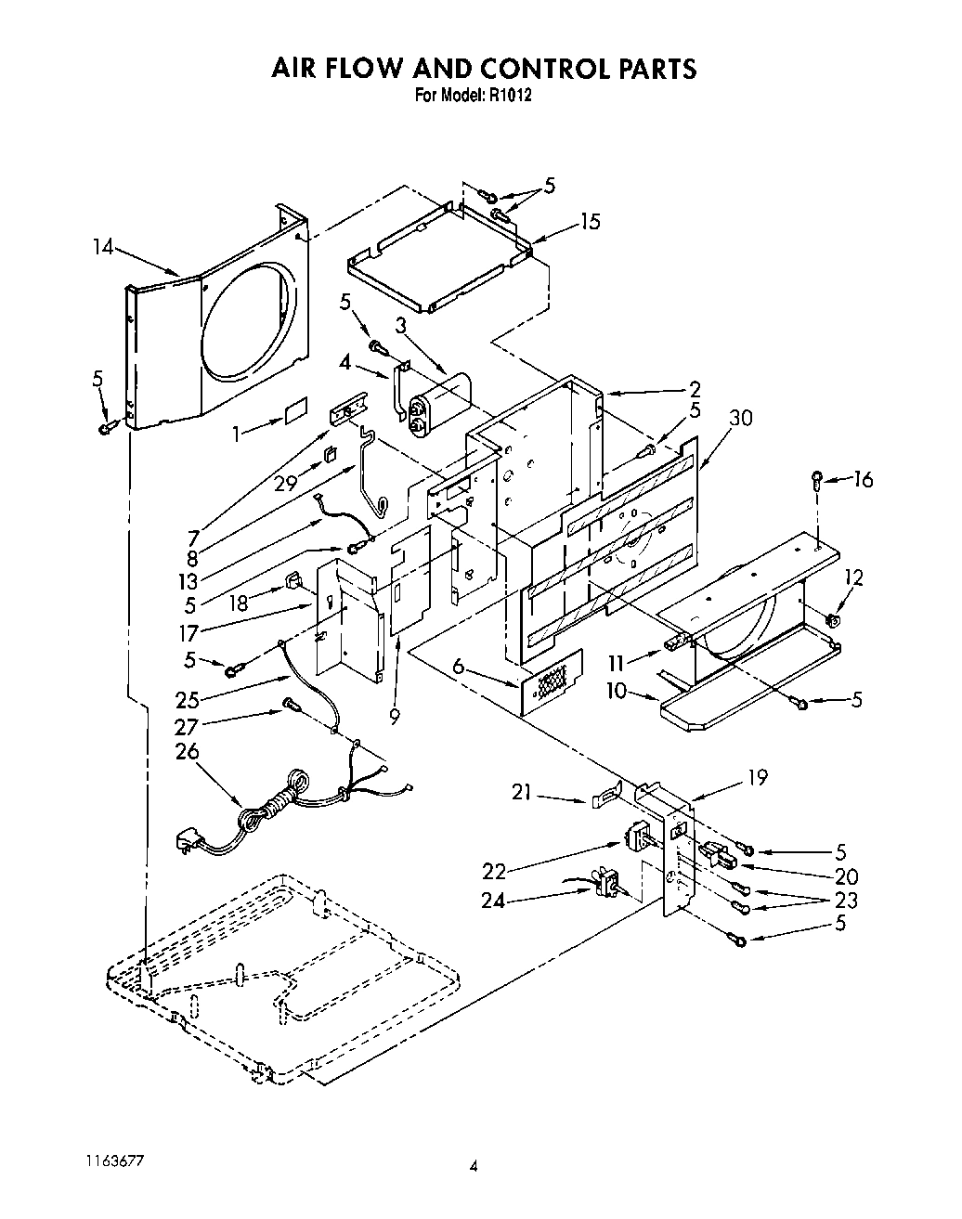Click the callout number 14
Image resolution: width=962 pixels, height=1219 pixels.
click(103, 247)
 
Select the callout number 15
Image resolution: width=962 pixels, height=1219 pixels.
click(590, 221)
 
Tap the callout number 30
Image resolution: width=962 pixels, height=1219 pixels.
click(740, 418)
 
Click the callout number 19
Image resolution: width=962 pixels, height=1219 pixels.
click(757, 777)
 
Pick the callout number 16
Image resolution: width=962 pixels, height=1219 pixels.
click(864, 479)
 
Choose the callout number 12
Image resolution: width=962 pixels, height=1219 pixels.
click(853, 578)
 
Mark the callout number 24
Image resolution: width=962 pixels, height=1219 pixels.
click(493, 900)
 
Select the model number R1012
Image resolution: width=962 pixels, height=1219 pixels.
click(506, 95)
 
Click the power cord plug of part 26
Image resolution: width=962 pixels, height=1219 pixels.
click(189, 843)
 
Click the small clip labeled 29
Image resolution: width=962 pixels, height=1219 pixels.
click(330, 454)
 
